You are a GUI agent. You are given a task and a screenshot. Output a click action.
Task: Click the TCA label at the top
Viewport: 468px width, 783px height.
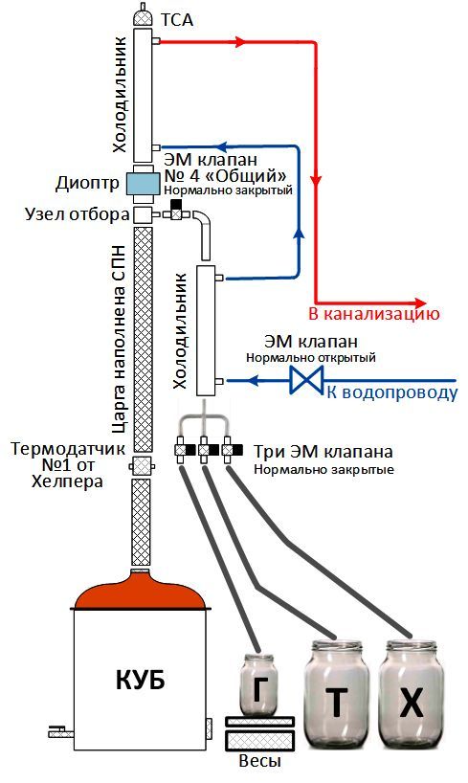coord(176,20)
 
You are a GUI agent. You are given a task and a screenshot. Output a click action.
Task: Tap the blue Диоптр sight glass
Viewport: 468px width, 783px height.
coord(142,183)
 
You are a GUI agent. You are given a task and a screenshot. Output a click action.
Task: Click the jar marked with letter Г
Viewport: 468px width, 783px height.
coord(258,683)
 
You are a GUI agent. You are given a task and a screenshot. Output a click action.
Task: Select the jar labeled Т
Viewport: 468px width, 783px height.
coord(337,694)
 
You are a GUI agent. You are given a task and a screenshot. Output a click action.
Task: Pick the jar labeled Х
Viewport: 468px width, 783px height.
coord(412,694)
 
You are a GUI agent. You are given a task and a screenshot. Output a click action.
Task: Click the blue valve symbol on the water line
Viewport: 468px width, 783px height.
coord(306,381)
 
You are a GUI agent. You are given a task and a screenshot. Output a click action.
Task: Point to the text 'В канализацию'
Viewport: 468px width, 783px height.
coord(374,314)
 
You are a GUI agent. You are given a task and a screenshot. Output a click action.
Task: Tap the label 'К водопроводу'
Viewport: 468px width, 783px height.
coord(392,392)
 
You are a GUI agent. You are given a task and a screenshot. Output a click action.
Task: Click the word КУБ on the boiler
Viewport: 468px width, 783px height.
coord(141,681)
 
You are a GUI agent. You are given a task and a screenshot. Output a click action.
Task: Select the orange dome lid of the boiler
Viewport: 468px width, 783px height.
coord(140,592)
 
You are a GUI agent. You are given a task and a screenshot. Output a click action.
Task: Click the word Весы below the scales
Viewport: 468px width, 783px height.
coord(259,762)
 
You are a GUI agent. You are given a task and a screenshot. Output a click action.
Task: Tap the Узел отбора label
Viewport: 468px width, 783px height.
coord(78,214)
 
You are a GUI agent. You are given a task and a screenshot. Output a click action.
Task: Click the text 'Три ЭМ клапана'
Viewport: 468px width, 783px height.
coord(323,452)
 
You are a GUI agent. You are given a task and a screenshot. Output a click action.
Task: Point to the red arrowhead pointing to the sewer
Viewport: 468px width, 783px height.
coord(420,302)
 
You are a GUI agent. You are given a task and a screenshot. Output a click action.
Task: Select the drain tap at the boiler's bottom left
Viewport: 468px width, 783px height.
coord(60,733)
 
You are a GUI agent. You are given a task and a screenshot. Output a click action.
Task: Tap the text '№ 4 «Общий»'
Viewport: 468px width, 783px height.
coord(225,176)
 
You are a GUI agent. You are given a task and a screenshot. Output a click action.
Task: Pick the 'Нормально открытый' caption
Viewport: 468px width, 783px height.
coord(311,358)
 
